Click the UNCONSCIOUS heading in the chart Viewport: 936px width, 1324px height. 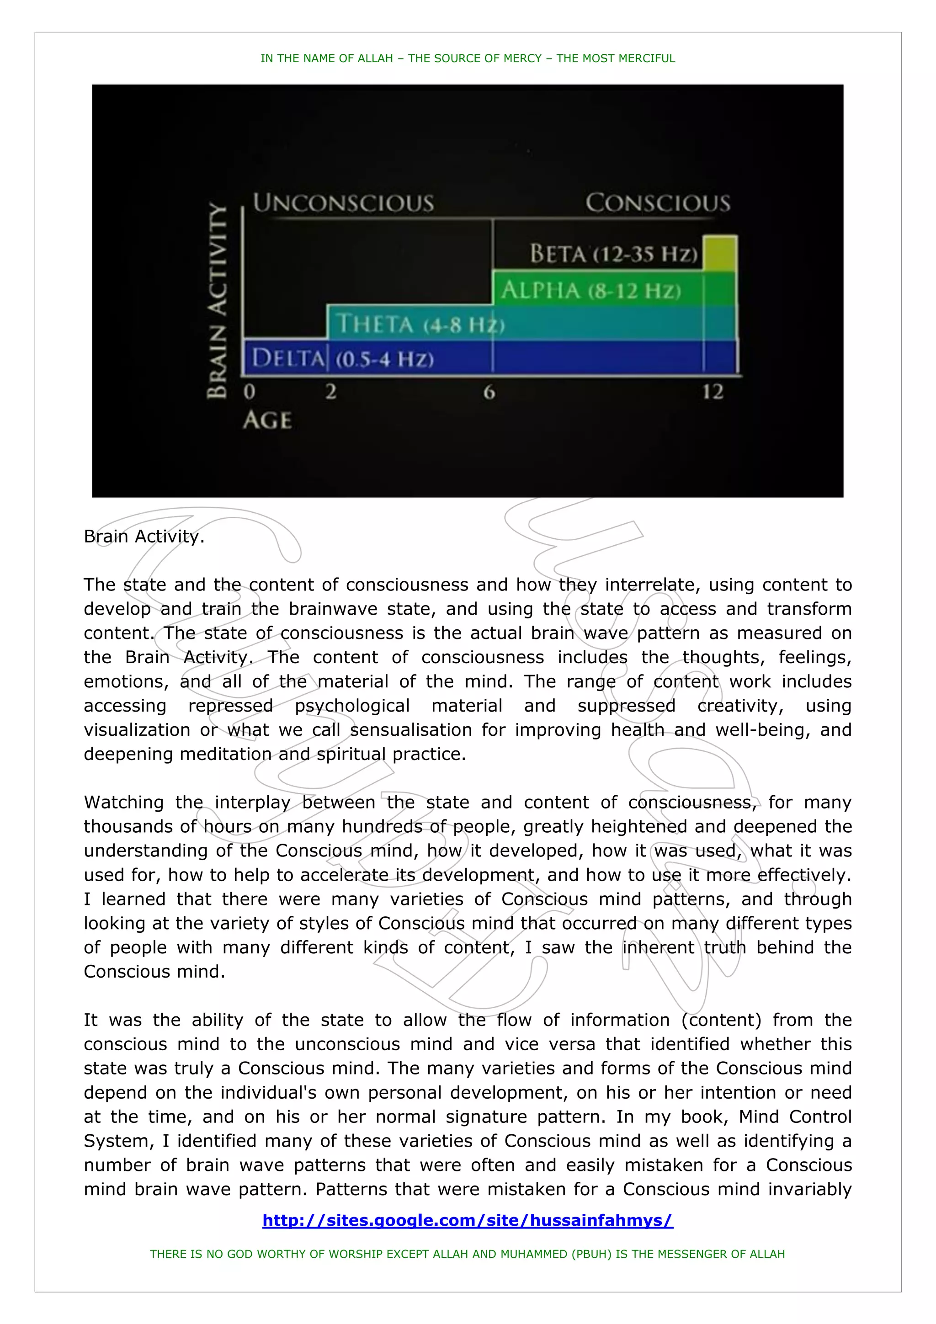click(x=343, y=203)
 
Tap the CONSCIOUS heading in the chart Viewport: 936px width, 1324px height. click(x=658, y=203)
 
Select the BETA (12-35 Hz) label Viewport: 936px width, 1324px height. click(x=614, y=254)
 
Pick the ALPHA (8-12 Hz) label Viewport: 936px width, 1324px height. click(x=590, y=290)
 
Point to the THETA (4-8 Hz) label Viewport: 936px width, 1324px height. click(x=420, y=324)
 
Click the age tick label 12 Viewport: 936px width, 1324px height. click(x=713, y=392)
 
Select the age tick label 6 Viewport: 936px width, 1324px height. click(x=489, y=393)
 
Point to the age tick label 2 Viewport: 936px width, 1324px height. click(x=330, y=392)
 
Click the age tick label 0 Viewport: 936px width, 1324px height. click(x=249, y=392)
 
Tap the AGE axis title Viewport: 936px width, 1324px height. click(x=267, y=420)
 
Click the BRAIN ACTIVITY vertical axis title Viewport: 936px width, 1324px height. click(x=218, y=300)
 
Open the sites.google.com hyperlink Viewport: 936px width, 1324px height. click(x=467, y=1220)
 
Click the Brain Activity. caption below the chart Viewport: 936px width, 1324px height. click(x=144, y=536)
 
